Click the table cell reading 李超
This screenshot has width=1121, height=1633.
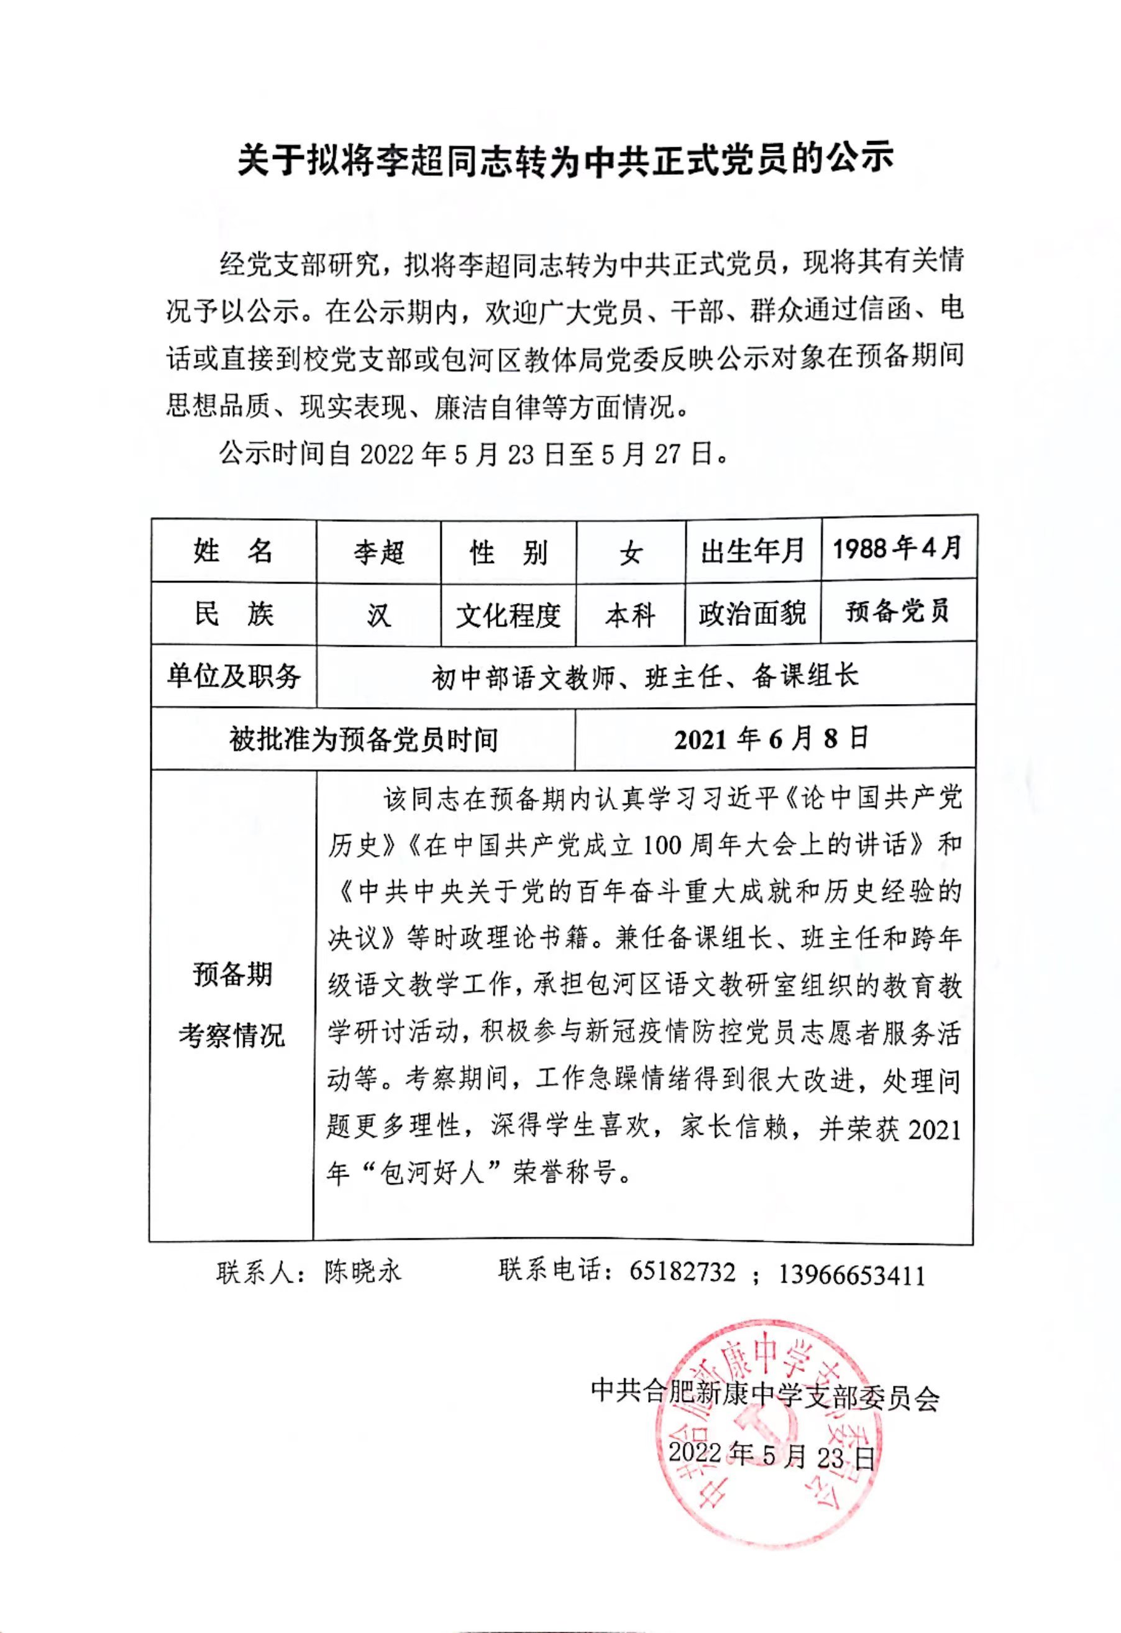click(379, 552)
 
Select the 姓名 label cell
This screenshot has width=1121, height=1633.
click(234, 552)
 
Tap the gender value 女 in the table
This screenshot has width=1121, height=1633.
click(631, 553)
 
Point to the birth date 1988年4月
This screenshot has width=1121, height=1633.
click(897, 548)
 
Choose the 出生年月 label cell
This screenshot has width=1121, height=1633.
click(753, 552)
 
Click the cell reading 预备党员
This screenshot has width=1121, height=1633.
click(897, 611)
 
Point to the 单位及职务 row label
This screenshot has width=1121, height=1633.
click(234, 676)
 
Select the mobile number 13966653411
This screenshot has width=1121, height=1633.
click(852, 1273)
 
